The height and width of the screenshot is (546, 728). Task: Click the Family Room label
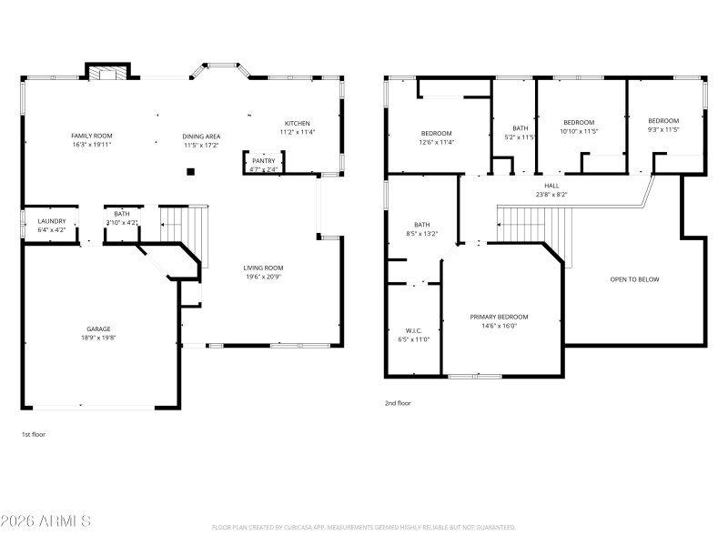click(x=91, y=136)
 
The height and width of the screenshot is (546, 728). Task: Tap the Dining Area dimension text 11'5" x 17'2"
click(x=202, y=145)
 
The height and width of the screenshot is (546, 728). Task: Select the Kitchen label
click(x=298, y=123)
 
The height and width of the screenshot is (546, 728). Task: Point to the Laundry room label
click(x=51, y=221)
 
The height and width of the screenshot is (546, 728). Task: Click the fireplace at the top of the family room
click(x=108, y=73)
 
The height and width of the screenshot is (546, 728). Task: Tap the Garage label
click(x=98, y=329)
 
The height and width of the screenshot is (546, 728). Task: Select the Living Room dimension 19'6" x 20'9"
click(x=263, y=276)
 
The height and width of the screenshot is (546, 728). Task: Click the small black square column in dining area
click(x=190, y=170)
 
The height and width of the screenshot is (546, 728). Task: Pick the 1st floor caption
click(x=33, y=435)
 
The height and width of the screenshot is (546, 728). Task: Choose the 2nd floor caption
click(x=398, y=402)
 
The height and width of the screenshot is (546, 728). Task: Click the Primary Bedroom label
click(x=499, y=317)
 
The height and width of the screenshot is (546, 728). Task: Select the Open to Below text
click(x=634, y=279)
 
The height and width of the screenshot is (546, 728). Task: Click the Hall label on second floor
click(x=551, y=185)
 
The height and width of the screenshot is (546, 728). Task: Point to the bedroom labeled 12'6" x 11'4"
click(x=437, y=136)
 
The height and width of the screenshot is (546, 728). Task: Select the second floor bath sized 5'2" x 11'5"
click(x=520, y=133)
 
